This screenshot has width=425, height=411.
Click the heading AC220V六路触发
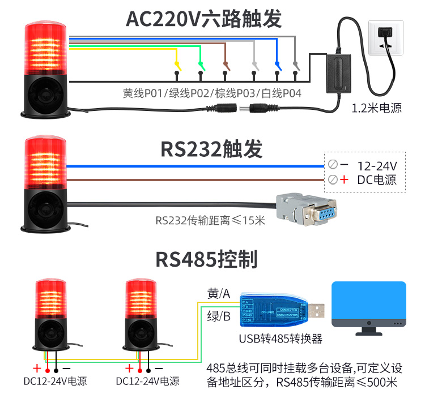(203, 19)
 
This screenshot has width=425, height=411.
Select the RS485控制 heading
(206, 259)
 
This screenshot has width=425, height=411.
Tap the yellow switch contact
(177, 65)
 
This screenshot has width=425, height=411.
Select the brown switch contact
(227, 65)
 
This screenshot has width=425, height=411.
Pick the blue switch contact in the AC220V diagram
(277, 65)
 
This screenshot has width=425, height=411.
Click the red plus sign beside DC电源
(343, 180)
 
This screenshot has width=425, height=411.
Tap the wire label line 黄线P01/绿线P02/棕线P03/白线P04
(212, 93)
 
